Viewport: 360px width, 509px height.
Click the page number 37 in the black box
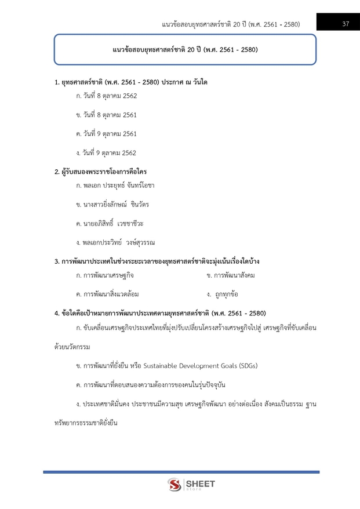coord(345,23)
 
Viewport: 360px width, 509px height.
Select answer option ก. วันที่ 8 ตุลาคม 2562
coord(106,95)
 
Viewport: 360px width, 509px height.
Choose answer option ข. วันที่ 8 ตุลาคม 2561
coord(106,114)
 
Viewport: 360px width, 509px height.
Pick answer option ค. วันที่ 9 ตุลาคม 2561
coord(106,133)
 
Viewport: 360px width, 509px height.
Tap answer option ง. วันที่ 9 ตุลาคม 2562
coord(106,152)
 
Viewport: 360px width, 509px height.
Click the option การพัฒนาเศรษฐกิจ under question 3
coord(104,275)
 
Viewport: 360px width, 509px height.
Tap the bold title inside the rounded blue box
coord(185,50)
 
